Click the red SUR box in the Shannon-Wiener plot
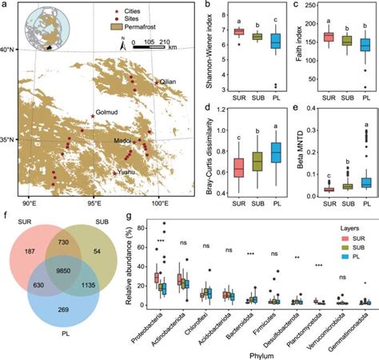[238, 31]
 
